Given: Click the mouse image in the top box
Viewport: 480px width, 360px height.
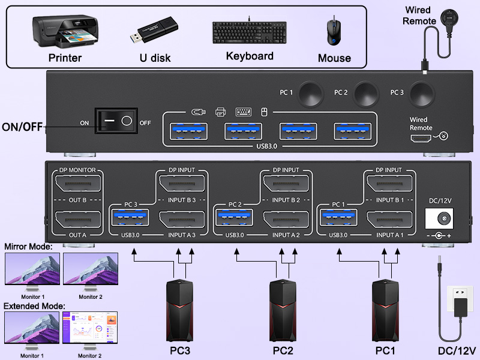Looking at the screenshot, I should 332,33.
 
